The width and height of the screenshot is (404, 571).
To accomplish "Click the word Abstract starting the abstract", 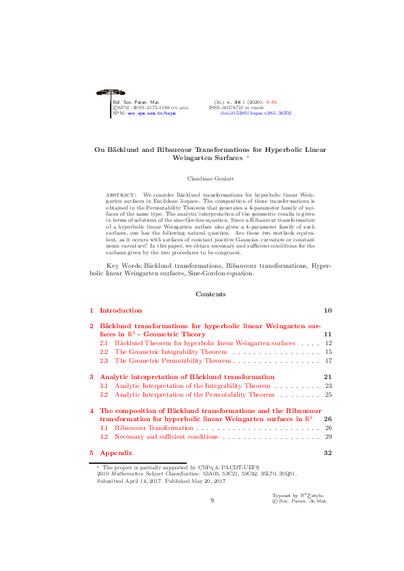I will click(122, 195).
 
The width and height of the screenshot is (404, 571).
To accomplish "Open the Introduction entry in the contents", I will click(121, 311).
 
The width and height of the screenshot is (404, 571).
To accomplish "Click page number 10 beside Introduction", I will click(327, 311).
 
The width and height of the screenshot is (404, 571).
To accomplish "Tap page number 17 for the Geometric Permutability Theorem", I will click(328, 361).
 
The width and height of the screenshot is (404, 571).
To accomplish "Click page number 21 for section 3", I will click(327, 376).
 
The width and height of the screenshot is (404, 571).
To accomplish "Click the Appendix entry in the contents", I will click(116, 452).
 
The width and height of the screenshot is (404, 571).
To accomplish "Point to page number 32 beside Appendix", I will click(327, 452).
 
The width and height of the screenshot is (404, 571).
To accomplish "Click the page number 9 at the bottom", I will click(212, 500).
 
